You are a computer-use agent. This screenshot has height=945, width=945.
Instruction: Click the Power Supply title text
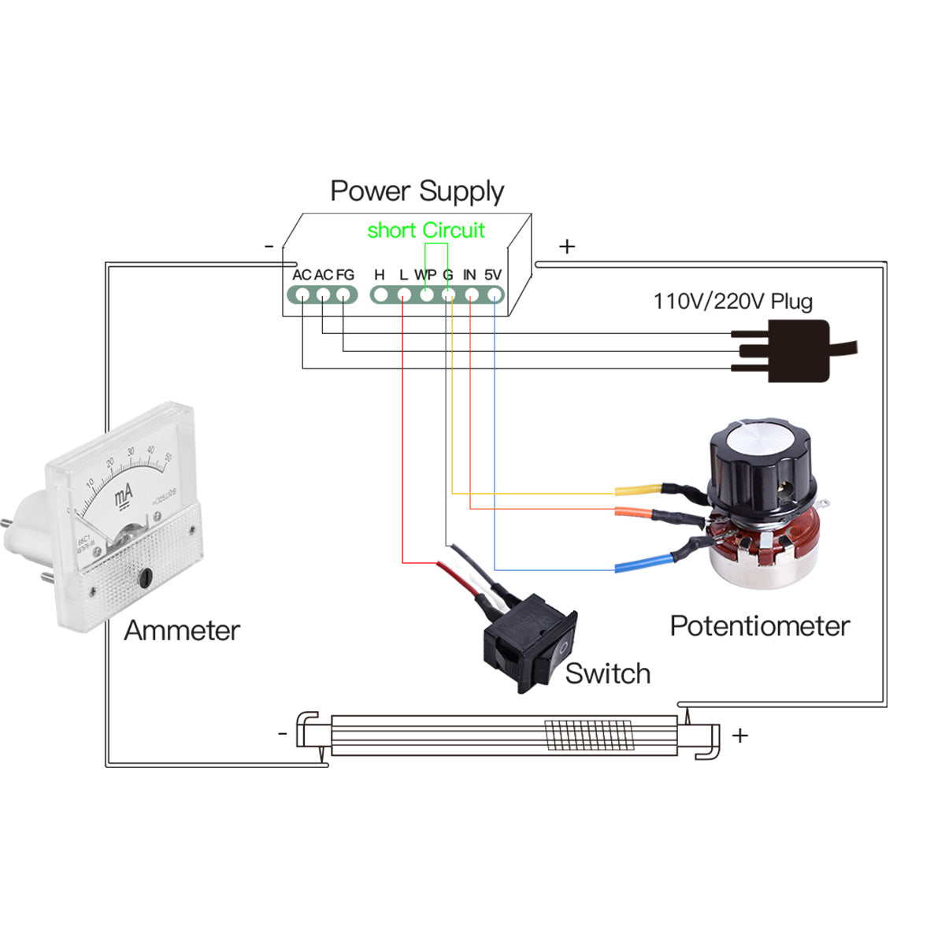pos(417,191)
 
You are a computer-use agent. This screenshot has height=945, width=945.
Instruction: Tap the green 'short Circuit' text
pos(426,230)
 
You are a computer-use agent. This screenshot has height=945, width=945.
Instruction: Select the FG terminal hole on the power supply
pos(343,295)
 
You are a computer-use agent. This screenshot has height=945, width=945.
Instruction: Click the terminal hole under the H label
pos(380,295)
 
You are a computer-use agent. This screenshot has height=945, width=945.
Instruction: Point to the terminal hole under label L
pos(403,295)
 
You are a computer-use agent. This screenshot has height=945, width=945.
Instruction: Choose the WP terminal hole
pos(426,295)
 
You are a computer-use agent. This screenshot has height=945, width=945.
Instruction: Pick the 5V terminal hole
pos(494,295)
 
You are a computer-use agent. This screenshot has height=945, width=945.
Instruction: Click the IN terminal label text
pos(469,275)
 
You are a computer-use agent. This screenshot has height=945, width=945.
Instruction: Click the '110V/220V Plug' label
pos(732,301)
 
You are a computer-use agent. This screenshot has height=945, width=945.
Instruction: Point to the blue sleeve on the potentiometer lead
pos(643,562)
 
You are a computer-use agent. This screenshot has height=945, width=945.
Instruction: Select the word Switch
pos(607,674)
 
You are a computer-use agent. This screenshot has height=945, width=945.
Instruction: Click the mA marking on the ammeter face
pos(124,496)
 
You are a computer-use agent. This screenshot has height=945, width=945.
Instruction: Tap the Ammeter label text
pos(182,631)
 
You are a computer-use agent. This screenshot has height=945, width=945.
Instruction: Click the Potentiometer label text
pos(759,626)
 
